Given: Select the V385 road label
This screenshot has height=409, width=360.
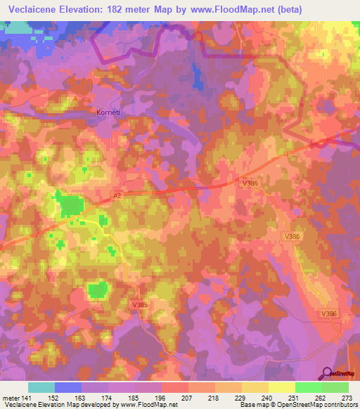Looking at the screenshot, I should point(139,304).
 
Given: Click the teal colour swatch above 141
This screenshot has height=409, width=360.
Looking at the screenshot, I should point(41,387).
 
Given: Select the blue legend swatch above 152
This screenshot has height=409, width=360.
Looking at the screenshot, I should point(68,387).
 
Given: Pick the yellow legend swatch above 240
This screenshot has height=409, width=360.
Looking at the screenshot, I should point(255,387).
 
